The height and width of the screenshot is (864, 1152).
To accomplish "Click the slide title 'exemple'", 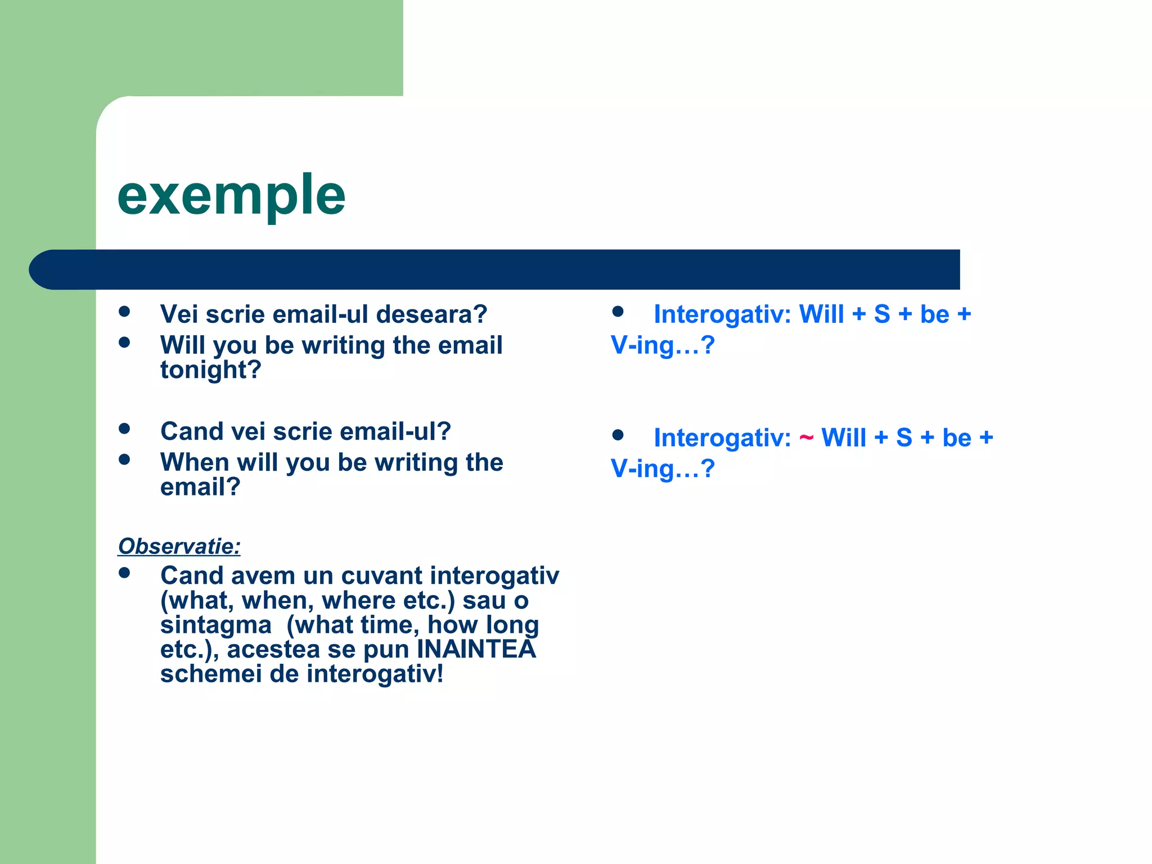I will [x=231, y=196].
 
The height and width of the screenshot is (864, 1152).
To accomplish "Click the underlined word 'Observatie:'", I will [x=179, y=546].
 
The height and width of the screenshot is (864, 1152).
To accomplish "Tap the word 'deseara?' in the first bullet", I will [x=431, y=314].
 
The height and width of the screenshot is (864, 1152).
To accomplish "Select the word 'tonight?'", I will [x=211, y=370].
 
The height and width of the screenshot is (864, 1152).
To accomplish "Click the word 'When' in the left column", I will [x=195, y=462].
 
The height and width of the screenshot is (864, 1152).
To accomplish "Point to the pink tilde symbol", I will [x=806, y=438].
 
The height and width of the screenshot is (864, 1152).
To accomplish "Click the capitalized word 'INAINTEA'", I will [x=476, y=649].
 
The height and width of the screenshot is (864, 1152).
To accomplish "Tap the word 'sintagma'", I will [x=215, y=625].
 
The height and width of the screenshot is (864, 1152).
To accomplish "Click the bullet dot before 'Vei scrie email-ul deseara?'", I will [x=125, y=312].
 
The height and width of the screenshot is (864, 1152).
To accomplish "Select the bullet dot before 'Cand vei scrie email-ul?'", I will [x=125, y=429].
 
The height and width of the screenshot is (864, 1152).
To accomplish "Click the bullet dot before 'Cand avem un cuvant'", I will [x=125, y=573].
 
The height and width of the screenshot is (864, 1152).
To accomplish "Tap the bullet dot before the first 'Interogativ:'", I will [x=618, y=312].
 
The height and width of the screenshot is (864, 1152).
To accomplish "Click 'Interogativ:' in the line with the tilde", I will [x=722, y=438].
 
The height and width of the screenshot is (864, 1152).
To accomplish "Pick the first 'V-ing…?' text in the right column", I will [x=663, y=345].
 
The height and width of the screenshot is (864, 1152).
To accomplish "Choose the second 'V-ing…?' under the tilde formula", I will [x=663, y=469].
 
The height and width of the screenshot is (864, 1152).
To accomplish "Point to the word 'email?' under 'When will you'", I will [x=200, y=487].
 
